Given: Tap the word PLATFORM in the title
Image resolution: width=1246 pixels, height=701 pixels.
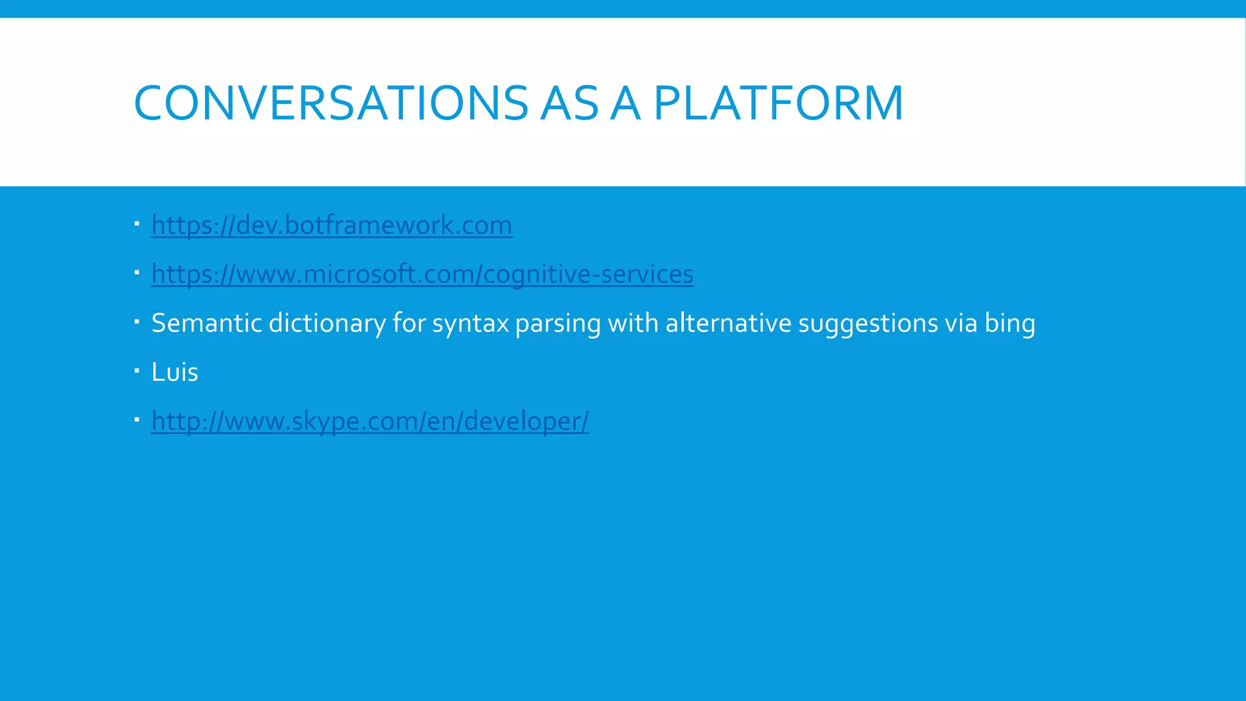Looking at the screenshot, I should [x=779, y=103].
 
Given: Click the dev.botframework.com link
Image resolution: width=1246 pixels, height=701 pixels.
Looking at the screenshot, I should [x=332, y=225].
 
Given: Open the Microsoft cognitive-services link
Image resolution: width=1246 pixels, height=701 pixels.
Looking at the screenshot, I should [x=422, y=274].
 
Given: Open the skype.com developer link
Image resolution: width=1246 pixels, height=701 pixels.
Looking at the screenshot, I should [x=370, y=421].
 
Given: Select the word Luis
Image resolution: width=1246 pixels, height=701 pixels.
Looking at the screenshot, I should [x=175, y=372].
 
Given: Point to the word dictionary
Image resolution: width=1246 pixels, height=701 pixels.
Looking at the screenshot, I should [x=327, y=323].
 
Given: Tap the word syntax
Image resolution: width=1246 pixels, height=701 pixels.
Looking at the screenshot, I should [x=470, y=323].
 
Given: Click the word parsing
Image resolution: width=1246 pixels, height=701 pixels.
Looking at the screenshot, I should [x=558, y=323].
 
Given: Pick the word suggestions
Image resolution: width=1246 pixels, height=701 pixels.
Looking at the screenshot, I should [x=868, y=323].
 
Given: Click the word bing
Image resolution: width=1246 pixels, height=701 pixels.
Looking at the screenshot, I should [x=1010, y=323].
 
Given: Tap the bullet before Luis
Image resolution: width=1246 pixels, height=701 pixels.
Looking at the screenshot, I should [x=137, y=370].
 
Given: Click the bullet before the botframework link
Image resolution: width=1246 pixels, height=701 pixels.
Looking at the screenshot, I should [x=137, y=223].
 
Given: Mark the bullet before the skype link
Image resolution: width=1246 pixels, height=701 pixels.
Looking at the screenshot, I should [x=137, y=419].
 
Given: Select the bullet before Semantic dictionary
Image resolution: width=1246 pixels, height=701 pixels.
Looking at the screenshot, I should [x=137, y=321].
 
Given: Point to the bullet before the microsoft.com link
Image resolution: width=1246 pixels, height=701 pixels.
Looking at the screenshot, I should [x=137, y=272].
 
